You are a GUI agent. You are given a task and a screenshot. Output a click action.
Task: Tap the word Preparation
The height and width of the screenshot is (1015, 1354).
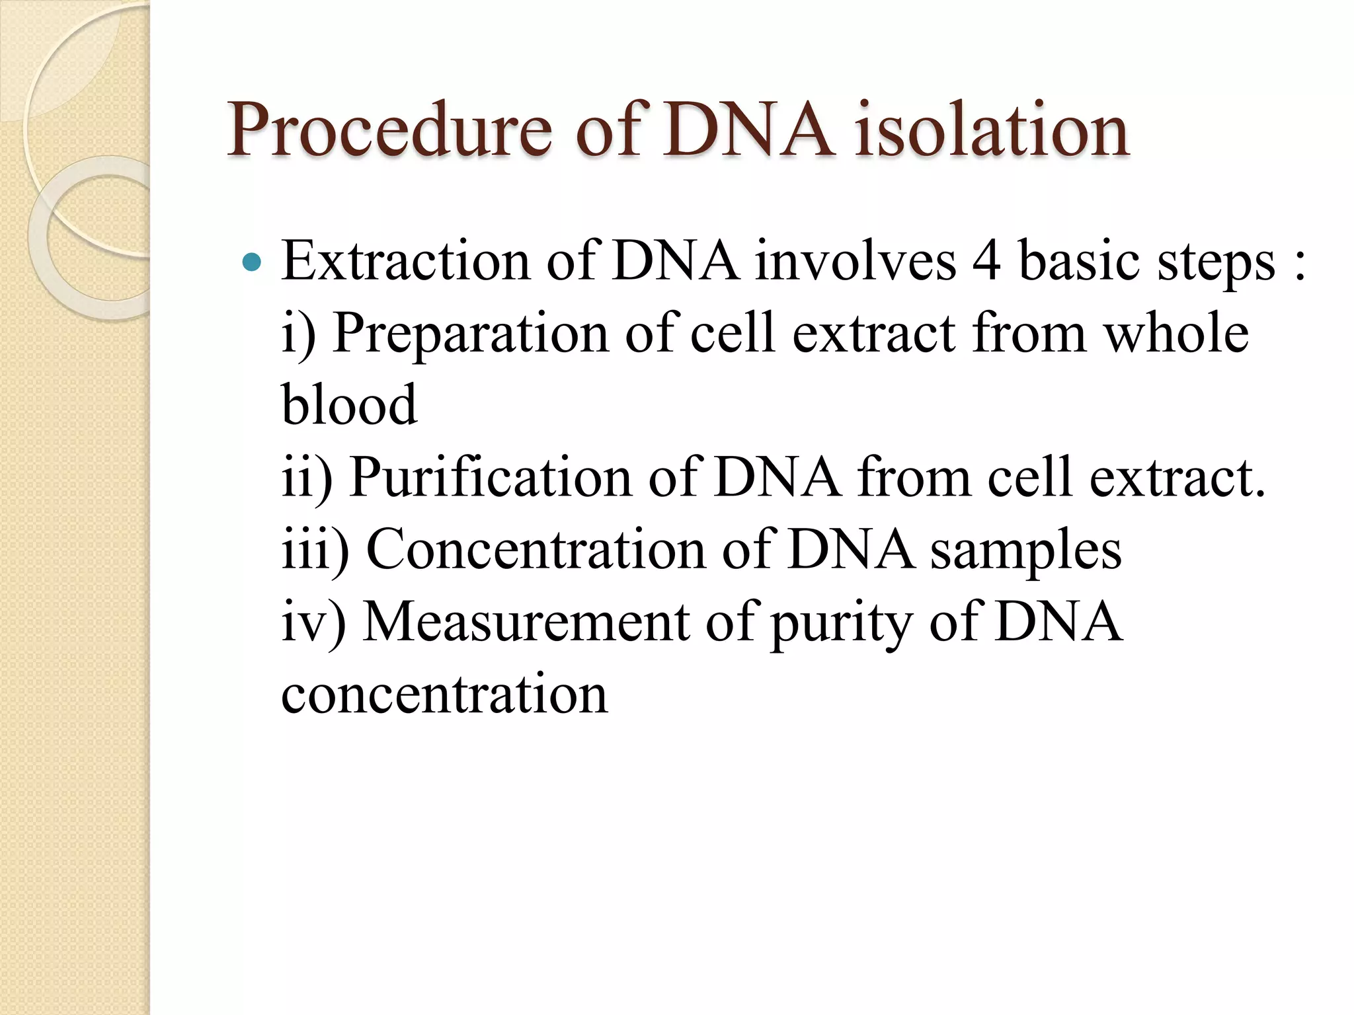pos(470,334)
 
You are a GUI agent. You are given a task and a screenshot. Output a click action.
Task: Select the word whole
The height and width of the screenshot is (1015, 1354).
pos(1177,333)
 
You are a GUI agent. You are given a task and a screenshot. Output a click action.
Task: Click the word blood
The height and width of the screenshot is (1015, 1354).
pos(349,405)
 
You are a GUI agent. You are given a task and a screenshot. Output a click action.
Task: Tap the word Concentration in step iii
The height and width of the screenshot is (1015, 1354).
pos(536,550)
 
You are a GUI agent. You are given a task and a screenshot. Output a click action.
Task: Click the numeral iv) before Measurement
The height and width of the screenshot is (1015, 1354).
pos(313,622)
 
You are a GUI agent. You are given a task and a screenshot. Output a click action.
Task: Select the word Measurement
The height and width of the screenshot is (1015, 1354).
pos(526,622)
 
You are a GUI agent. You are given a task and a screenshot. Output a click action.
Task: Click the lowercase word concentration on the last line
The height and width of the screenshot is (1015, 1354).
pos(444,695)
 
